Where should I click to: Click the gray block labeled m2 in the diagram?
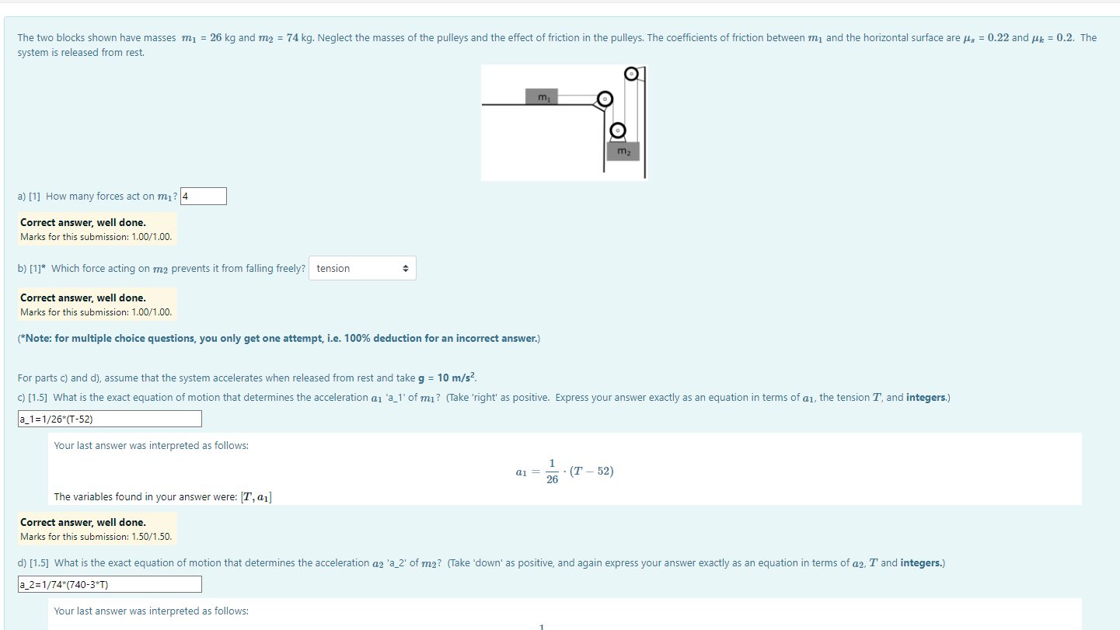click(623, 151)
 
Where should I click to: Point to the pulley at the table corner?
click(605, 100)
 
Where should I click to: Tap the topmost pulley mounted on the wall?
click(632, 74)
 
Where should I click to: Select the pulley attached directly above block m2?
click(618, 130)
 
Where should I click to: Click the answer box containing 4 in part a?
click(204, 197)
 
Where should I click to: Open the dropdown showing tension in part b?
click(362, 269)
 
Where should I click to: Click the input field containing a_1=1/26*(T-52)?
click(110, 419)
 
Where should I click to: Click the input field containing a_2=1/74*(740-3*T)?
click(110, 584)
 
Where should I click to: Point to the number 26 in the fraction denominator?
click(552, 480)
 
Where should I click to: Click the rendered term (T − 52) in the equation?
click(591, 472)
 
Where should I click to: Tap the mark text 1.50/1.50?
click(152, 537)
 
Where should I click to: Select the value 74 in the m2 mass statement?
click(293, 38)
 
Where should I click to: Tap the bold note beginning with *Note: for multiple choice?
click(278, 339)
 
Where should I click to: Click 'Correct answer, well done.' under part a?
click(83, 223)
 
